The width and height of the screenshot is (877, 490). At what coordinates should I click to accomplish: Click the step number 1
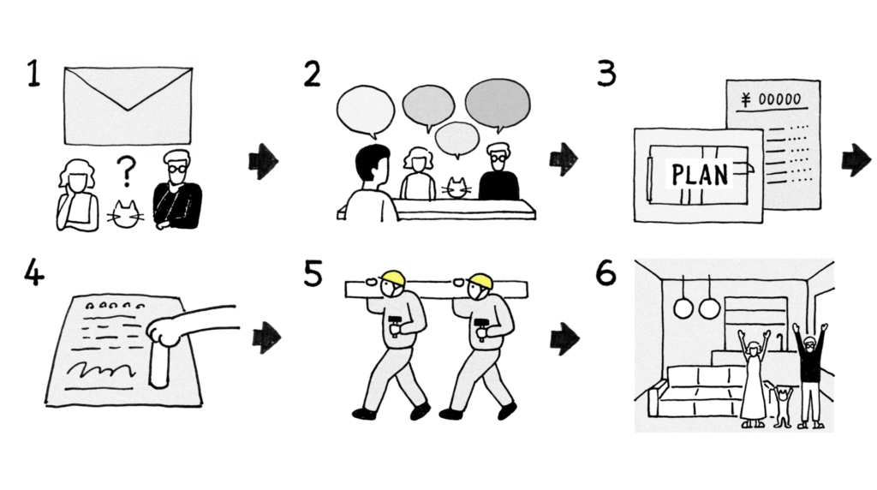click(33, 75)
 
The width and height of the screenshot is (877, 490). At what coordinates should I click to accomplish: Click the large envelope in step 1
click(128, 105)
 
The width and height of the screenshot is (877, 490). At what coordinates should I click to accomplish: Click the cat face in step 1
click(127, 213)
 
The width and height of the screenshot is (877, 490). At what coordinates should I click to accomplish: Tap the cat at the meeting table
click(457, 187)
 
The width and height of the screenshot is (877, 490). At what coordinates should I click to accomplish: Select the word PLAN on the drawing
click(700, 175)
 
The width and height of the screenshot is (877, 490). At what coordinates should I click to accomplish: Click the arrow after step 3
click(856, 160)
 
